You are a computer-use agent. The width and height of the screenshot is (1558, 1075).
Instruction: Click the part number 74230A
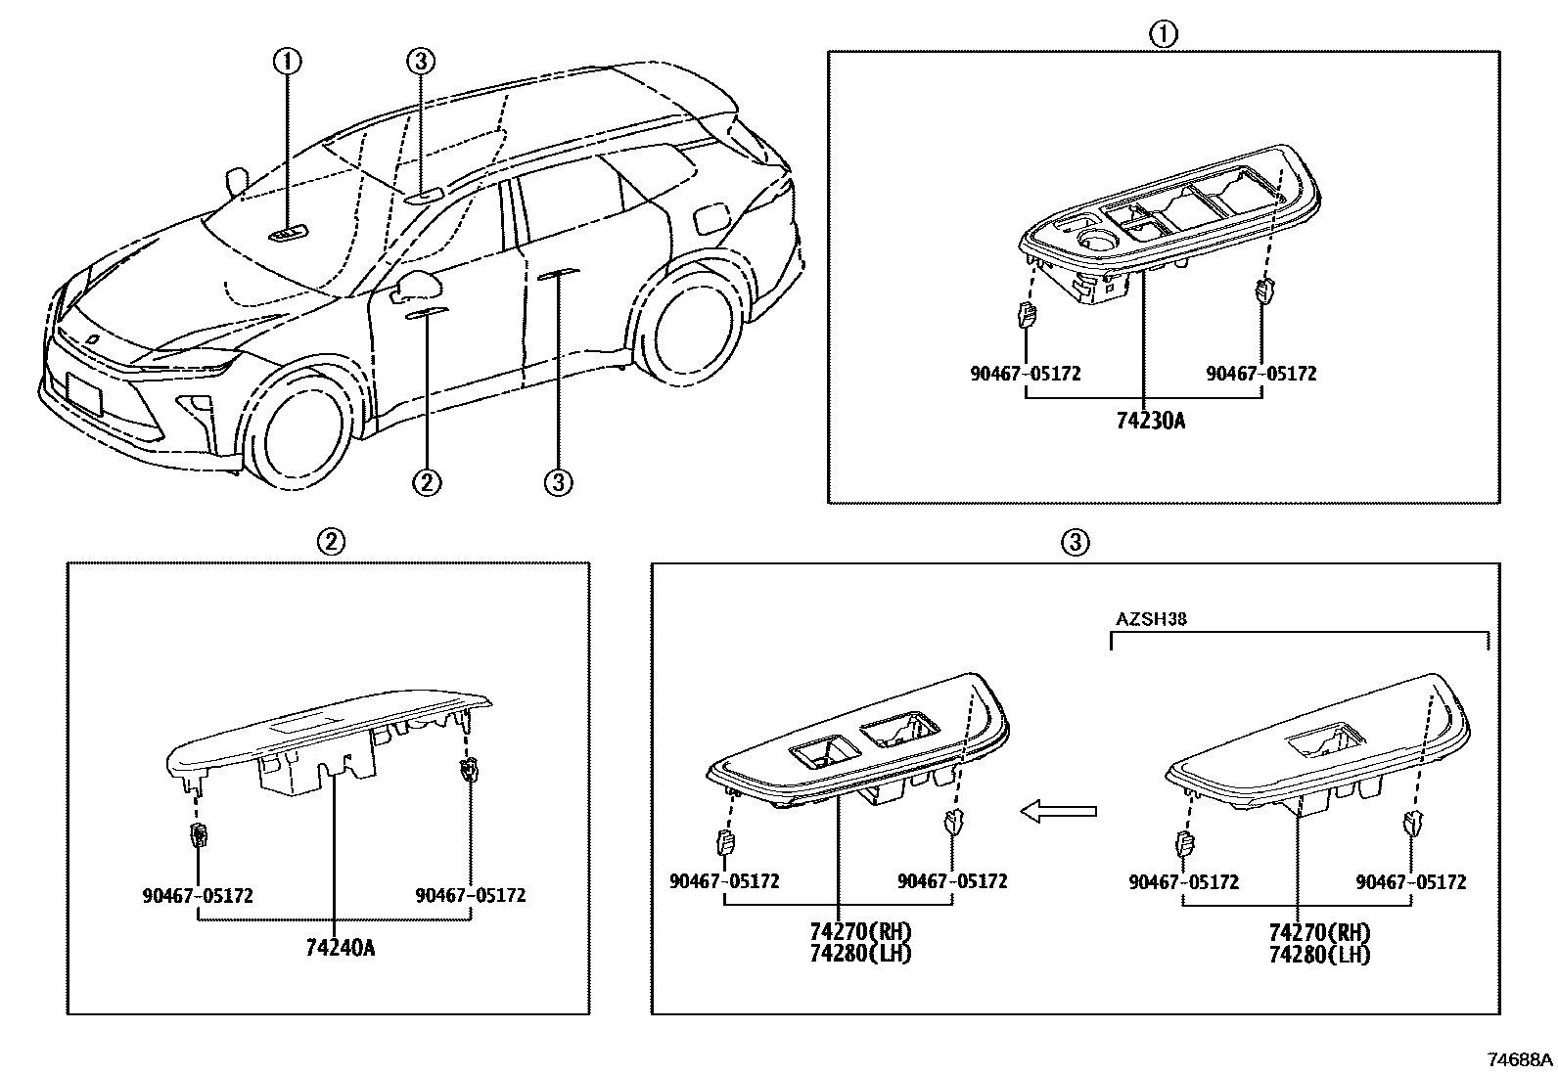click(x=1150, y=422)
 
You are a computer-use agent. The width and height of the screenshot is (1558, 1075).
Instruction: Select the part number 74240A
click(x=340, y=947)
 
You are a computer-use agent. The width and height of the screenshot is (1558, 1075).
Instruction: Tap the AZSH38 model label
click(x=1151, y=619)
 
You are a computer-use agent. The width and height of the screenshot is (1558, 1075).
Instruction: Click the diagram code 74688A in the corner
click(x=1519, y=1059)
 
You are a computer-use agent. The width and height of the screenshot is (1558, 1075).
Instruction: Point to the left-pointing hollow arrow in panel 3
click(x=1058, y=811)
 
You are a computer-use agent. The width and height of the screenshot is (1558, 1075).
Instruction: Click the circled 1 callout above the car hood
click(x=287, y=62)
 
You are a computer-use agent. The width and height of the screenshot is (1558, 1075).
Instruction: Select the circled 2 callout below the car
click(x=427, y=481)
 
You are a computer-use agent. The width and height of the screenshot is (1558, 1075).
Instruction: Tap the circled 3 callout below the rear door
click(x=558, y=481)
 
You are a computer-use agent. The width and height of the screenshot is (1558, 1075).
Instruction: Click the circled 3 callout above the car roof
click(x=419, y=62)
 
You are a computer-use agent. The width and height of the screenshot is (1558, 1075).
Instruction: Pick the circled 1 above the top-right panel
click(x=1163, y=34)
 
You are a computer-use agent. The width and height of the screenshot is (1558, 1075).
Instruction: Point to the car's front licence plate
click(x=84, y=397)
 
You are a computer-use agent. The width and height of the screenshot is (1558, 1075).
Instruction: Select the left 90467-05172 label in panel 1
click(x=1026, y=374)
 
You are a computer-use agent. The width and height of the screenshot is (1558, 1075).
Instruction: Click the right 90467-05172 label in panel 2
click(x=470, y=895)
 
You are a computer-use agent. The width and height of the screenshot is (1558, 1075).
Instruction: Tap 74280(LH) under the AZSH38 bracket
click(x=1318, y=955)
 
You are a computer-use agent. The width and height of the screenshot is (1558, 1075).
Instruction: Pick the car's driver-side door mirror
click(x=419, y=285)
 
